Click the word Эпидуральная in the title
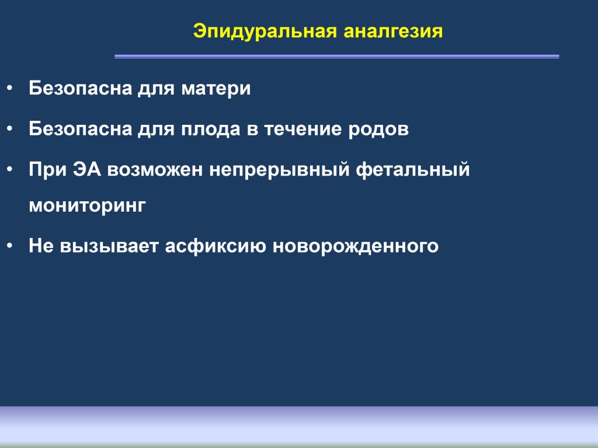[265, 32]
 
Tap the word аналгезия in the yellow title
[393, 32]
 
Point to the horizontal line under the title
[337, 57]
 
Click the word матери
[216, 89]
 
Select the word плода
[210, 129]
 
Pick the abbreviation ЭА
[87, 169]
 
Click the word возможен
[155, 170]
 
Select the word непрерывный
[279, 170]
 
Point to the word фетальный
[413, 170]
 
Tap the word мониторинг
[88, 206]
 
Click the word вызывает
[109, 246]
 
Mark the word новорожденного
[356, 246]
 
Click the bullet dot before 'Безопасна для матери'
[10, 89]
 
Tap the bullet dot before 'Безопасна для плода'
[10, 129]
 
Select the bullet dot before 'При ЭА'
[10, 170]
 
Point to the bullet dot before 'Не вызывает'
[10, 246]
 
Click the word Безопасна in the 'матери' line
[80, 89]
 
